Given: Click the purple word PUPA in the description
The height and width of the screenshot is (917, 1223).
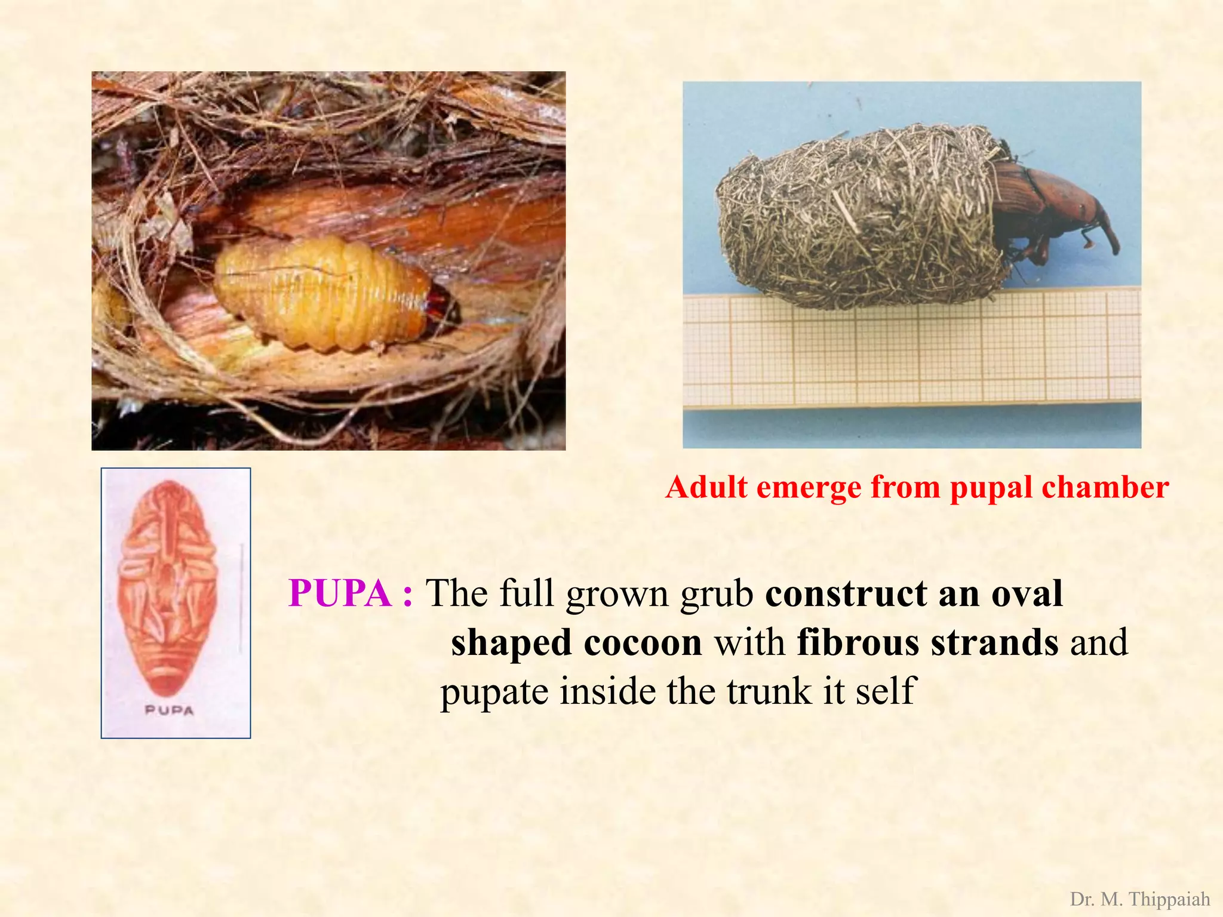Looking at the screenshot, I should pos(339,593).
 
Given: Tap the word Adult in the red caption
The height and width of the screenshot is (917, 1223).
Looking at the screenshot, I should pos(706,487).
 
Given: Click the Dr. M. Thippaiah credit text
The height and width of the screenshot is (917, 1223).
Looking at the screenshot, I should pos(1139,899).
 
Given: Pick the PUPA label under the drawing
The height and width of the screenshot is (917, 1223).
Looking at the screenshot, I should pos(170,710).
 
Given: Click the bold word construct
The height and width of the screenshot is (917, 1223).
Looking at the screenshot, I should pos(846,593).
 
